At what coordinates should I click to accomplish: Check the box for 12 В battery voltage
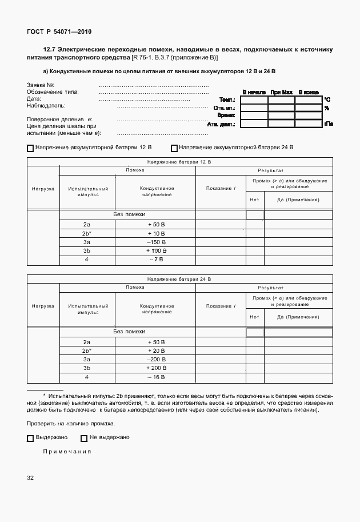(x=30, y=148)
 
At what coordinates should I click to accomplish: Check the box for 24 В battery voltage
(x=174, y=148)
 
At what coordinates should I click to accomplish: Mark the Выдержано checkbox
(x=30, y=439)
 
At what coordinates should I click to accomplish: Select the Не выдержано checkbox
(x=84, y=439)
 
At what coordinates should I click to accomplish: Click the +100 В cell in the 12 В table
(x=156, y=250)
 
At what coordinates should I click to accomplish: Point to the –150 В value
(x=156, y=242)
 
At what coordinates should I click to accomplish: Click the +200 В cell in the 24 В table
(x=156, y=368)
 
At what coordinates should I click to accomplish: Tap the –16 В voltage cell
(x=156, y=377)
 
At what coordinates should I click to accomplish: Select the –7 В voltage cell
(x=156, y=260)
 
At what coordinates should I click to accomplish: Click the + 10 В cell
(x=156, y=233)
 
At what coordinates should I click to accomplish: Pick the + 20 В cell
(x=156, y=350)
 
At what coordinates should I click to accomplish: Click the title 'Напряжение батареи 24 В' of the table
(x=179, y=279)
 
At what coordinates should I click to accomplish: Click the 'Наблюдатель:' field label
(x=46, y=106)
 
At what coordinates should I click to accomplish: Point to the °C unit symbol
(x=327, y=99)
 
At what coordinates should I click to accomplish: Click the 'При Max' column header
(x=281, y=92)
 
